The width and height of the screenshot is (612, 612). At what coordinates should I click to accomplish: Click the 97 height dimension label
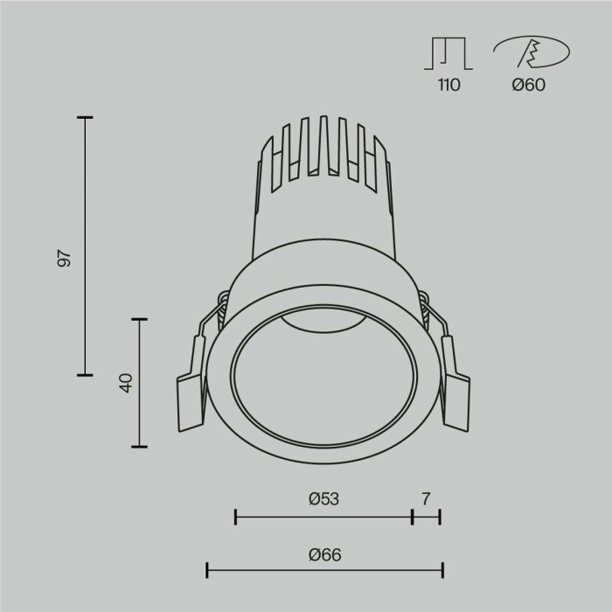(63, 259)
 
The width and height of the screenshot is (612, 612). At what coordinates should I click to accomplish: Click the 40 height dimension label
(125, 383)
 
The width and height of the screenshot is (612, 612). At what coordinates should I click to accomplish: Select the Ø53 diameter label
(323, 499)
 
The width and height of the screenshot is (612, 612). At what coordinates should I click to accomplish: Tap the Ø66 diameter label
(324, 554)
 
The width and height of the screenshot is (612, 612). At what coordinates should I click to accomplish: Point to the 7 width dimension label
(426, 499)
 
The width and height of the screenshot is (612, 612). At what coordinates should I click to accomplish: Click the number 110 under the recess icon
(449, 86)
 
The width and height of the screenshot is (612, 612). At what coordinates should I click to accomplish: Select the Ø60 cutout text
(529, 86)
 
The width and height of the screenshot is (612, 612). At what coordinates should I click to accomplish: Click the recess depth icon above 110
(449, 53)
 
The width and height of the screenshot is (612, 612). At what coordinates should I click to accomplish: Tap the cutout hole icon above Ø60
(528, 53)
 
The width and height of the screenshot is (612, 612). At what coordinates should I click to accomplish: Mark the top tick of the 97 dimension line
(85, 117)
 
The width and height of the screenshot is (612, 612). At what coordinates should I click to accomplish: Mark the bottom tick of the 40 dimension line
(138, 446)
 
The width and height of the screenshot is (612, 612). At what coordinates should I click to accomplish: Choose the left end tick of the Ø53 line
(236, 517)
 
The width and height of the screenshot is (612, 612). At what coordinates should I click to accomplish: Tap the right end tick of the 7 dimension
(440, 517)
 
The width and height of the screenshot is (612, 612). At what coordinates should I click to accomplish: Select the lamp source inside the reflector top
(324, 324)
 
